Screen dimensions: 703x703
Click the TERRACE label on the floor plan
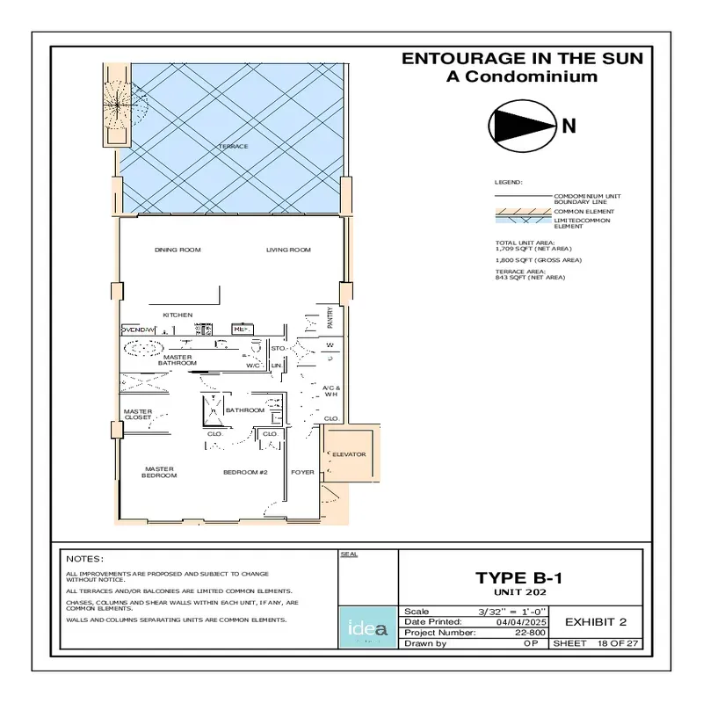(x=233, y=146)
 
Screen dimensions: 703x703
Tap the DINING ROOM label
(x=178, y=250)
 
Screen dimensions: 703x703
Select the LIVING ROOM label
(x=288, y=250)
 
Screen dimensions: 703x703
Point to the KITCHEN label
(x=178, y=315)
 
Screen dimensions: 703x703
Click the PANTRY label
(x=330, y=315)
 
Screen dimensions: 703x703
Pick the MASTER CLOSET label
(x=138, y=414)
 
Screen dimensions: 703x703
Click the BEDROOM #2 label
(x=244, y=473)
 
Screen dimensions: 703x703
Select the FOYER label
(x=303, y=473)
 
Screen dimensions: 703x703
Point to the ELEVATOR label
(x=349, y=454)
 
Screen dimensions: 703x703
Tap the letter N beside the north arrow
(x=569, y=126)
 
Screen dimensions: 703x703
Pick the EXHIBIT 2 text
(x=595, y=622)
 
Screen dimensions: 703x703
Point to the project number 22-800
(x=528, y=632)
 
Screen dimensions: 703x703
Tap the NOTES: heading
(x=85, y=559)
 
